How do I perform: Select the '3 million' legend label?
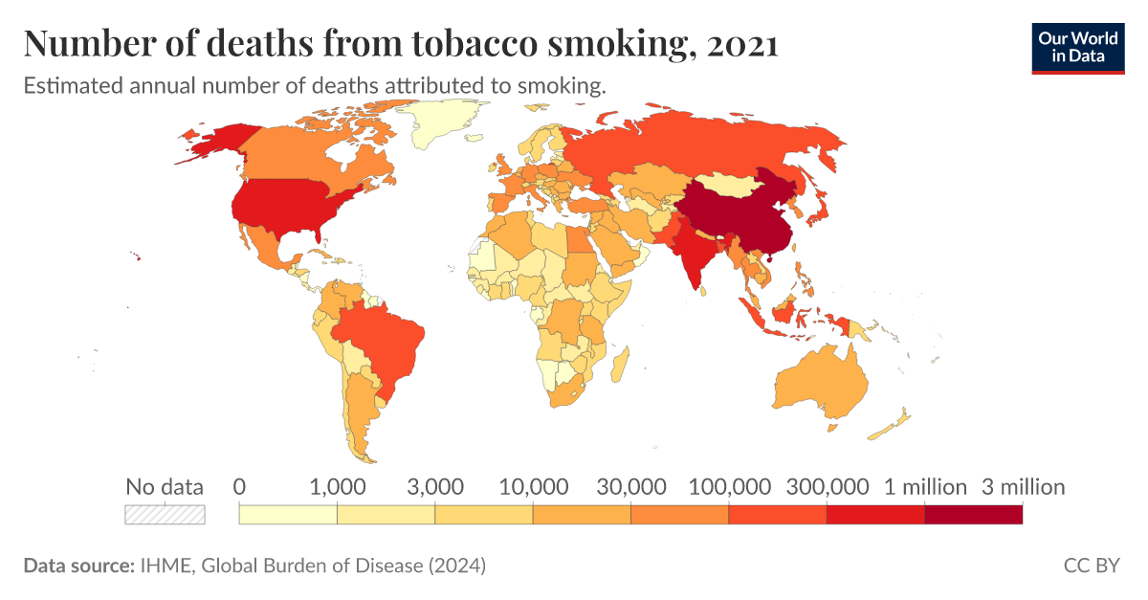pyautogui.click(x=1023, y=487)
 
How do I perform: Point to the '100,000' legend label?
pyautogui.click(x=728, y=487)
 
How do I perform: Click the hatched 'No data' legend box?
pyautogui.click(x=165, y=514)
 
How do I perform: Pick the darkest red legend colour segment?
pyautogui.click(x=973, y=514)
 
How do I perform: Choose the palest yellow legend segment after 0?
pyautogui.click(x=287, y=514)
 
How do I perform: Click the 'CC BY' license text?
pyautogui.click(x=1091, y=566)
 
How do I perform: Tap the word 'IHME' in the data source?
pyautogui.click(x=164, y=566)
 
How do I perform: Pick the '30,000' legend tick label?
pyautogui.click(x=630, y=487)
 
